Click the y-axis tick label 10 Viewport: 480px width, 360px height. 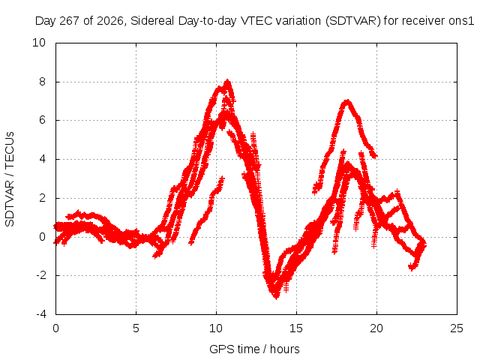[39, 43]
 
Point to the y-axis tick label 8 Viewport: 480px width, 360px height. [42, 82]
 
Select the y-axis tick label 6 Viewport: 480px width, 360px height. [42, 120]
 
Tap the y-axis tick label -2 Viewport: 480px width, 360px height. [40, 275]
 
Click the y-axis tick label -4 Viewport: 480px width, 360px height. [40, 314]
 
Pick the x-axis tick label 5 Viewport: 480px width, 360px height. [136, 328]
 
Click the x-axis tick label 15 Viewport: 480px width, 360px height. [296, 328]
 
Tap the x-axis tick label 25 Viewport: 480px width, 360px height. [457, 328]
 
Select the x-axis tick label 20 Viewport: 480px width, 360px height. [376, 328]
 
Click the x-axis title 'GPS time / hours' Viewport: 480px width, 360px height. [254, 349]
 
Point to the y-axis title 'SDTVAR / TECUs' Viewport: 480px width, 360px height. [10, 179]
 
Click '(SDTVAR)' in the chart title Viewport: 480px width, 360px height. [353, 21]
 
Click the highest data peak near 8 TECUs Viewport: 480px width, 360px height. [227, 82]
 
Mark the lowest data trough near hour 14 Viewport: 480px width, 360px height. [276, 295]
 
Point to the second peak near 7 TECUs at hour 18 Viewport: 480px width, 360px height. [346, 102]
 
